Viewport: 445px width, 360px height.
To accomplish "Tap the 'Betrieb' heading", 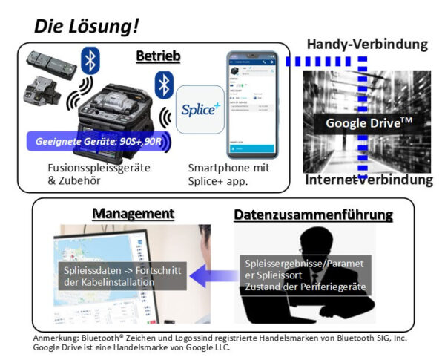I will tap(159, 56).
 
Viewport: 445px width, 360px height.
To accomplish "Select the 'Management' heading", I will tap(133, 214).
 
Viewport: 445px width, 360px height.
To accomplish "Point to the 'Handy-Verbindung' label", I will tap(367, 45).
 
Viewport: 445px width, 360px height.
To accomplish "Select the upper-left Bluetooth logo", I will tap(90, 59).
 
